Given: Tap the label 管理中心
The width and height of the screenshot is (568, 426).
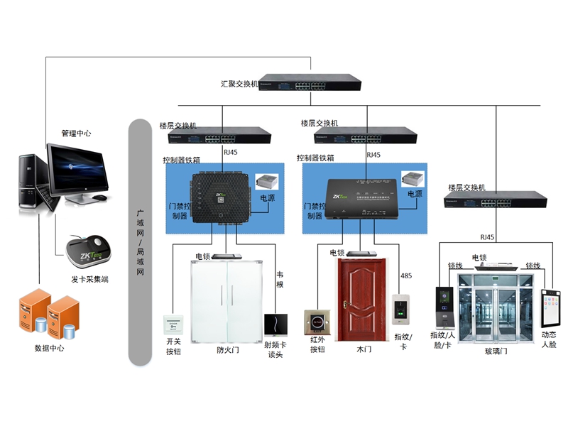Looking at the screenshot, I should pyautogui.click(x=76, y=133).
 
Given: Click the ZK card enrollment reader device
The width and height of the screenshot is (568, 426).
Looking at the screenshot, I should pyautogui.click(x=89, y=250).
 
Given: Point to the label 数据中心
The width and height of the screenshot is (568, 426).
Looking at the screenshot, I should pyautogui.click(x=49, y=349).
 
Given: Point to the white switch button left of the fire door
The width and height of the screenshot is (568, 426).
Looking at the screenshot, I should pyautogui.click(x=174, y=325).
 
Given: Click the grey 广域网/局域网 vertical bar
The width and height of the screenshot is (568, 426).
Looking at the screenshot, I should pyautogui.click(x=140, y=241).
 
